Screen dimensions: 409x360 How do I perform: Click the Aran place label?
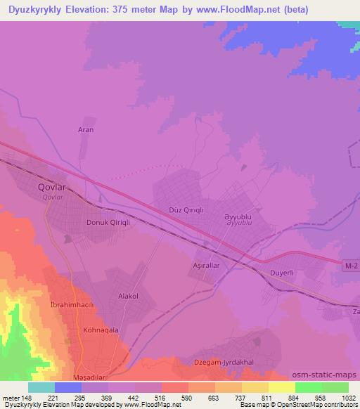pos(85,130)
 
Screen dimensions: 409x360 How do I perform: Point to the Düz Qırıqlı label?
pos(186,210)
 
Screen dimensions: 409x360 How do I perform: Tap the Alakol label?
pos(127,297)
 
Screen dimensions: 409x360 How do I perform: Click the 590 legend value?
pos(186,397)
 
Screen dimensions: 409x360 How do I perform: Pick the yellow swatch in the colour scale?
pos(281,387)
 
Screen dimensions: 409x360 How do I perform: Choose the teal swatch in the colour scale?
pos(41,387)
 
